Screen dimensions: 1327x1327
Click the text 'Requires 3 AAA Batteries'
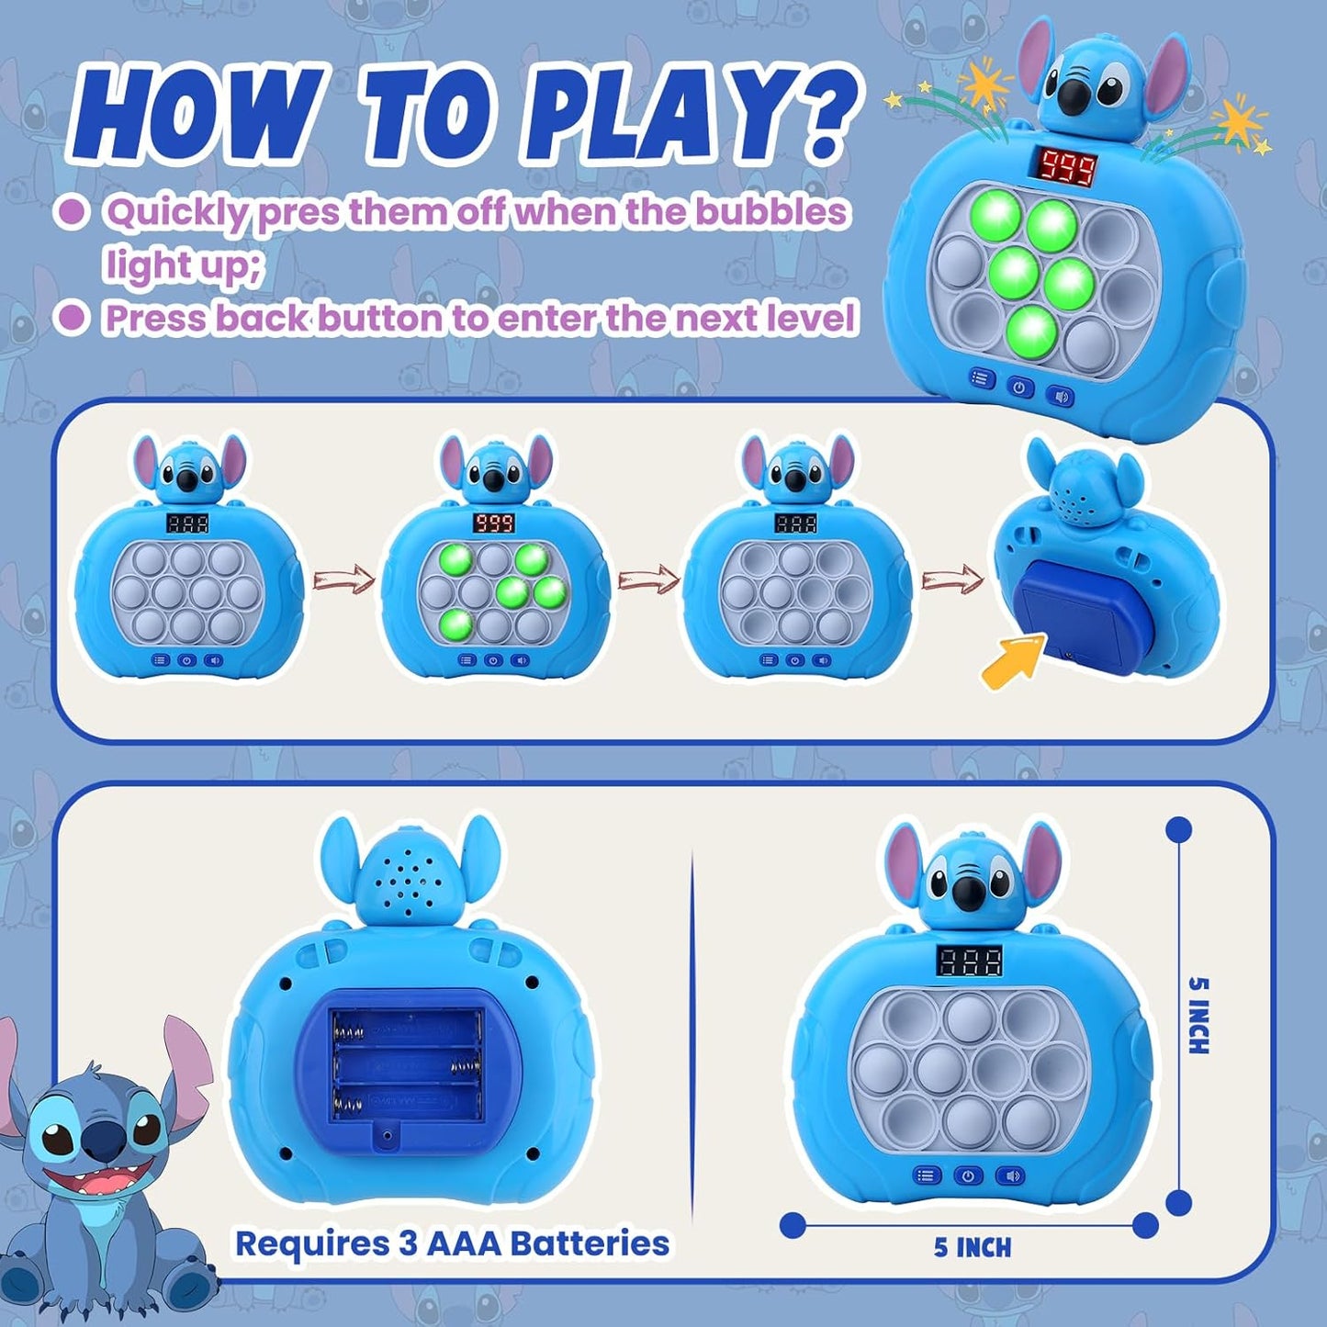pyautogui.click(x=452, y=1243)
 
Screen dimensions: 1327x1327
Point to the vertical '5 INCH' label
pyautogui.click(x=1199, y=1015)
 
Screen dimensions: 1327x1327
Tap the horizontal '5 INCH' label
pyautogui.click(x=973, y=1246)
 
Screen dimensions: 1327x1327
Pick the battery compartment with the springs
pyautogui.click(x=406, y=1065)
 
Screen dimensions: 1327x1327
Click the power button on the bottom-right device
pyautogui.click(x=968, y=1175)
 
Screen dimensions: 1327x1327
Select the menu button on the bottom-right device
pyautogui.click(x=926, y=1175)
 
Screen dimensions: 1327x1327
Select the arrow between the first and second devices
pyautogui.click(x=344, y=579)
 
